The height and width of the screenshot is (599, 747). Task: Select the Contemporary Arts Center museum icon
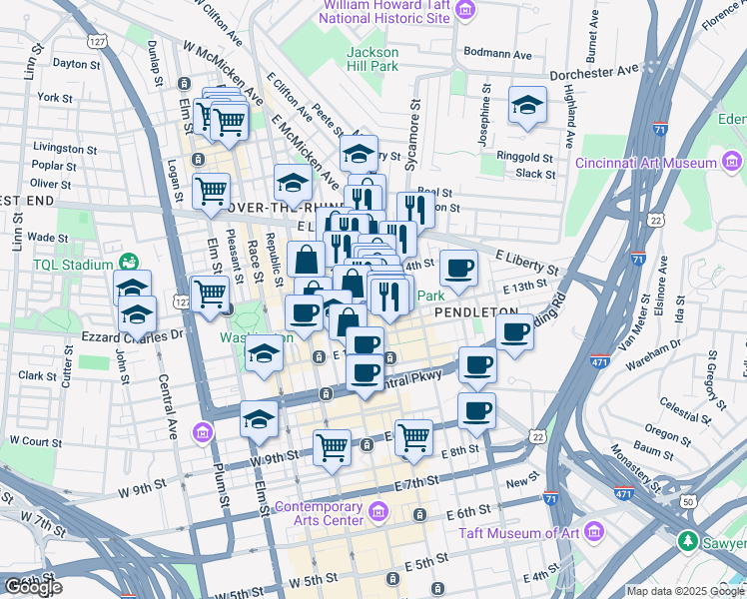click(x=377, y=513)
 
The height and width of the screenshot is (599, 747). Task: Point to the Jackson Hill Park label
click(x=372, y=59)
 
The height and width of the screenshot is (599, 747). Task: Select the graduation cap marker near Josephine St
click(x=526, y=105)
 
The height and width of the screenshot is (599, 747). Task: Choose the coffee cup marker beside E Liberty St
click(x=458, y=268)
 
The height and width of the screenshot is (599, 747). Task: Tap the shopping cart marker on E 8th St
click(x=412, y=436)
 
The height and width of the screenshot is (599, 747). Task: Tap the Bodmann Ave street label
click(x=507, y=51)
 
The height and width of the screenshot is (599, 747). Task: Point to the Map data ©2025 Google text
click(x=684, y=591)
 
